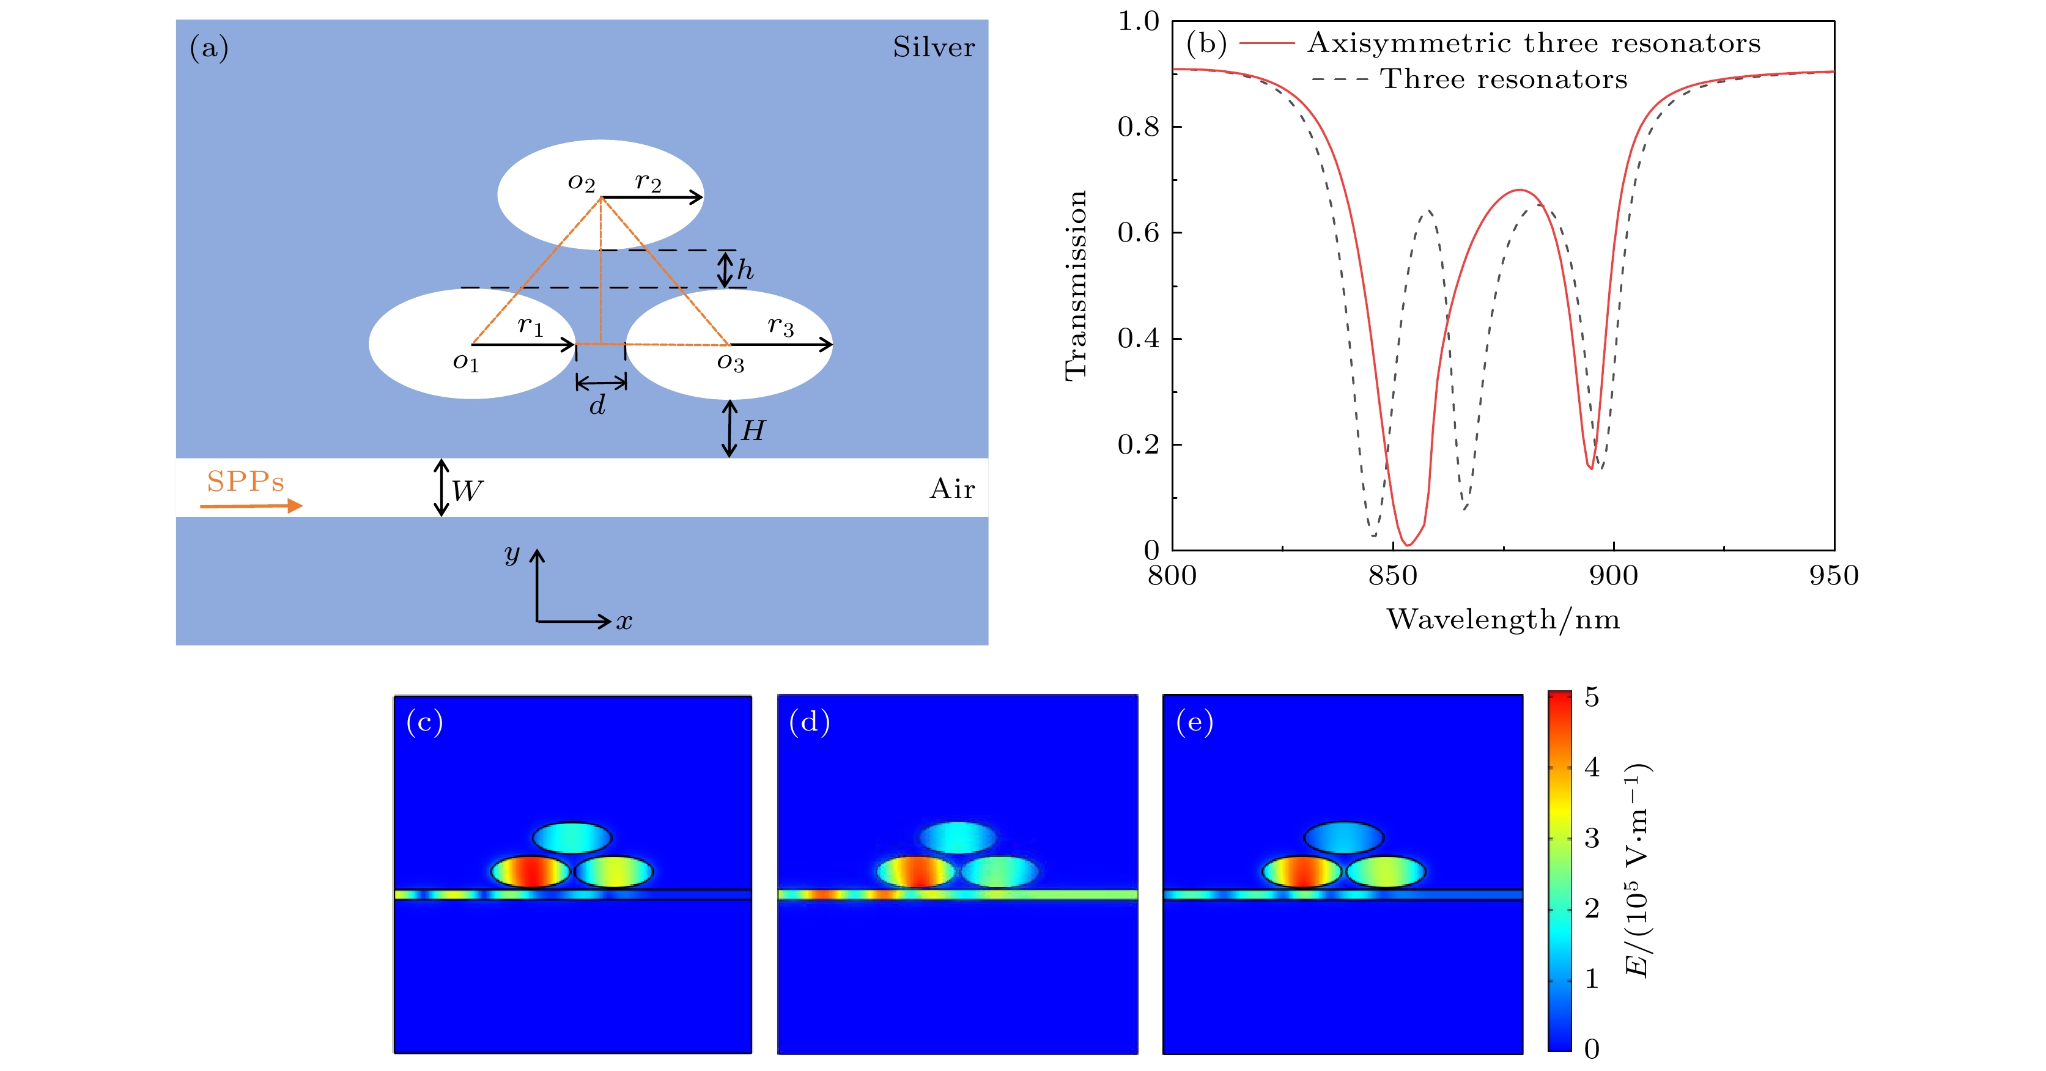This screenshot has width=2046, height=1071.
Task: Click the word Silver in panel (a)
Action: point(933,48)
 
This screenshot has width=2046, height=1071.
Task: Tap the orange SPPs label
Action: point(245,482)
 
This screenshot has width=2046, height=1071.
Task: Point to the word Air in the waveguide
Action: point(951,489)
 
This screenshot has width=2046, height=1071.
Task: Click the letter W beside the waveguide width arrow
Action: point(467,491)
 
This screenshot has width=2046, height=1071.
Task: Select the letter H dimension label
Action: point(752,431)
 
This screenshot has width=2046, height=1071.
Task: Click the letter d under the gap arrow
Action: point(597,406)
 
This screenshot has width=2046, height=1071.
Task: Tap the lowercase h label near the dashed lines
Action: point(744,271)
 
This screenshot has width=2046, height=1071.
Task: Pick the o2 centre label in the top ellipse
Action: point(582,183)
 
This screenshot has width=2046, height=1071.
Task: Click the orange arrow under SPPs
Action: point(251,506)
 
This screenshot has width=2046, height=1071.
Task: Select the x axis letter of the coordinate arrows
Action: point(624,622)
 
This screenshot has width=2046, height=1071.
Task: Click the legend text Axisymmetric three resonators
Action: point(1534,43)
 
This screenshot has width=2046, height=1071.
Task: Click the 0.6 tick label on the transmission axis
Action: point(1138,233)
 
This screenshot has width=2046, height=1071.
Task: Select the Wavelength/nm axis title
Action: point(1503,619)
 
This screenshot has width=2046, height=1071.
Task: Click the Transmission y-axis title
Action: point(1076,286)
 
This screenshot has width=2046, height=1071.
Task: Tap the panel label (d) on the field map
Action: point(810,722)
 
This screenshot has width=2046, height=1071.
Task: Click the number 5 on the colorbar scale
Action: point(1592,697)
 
